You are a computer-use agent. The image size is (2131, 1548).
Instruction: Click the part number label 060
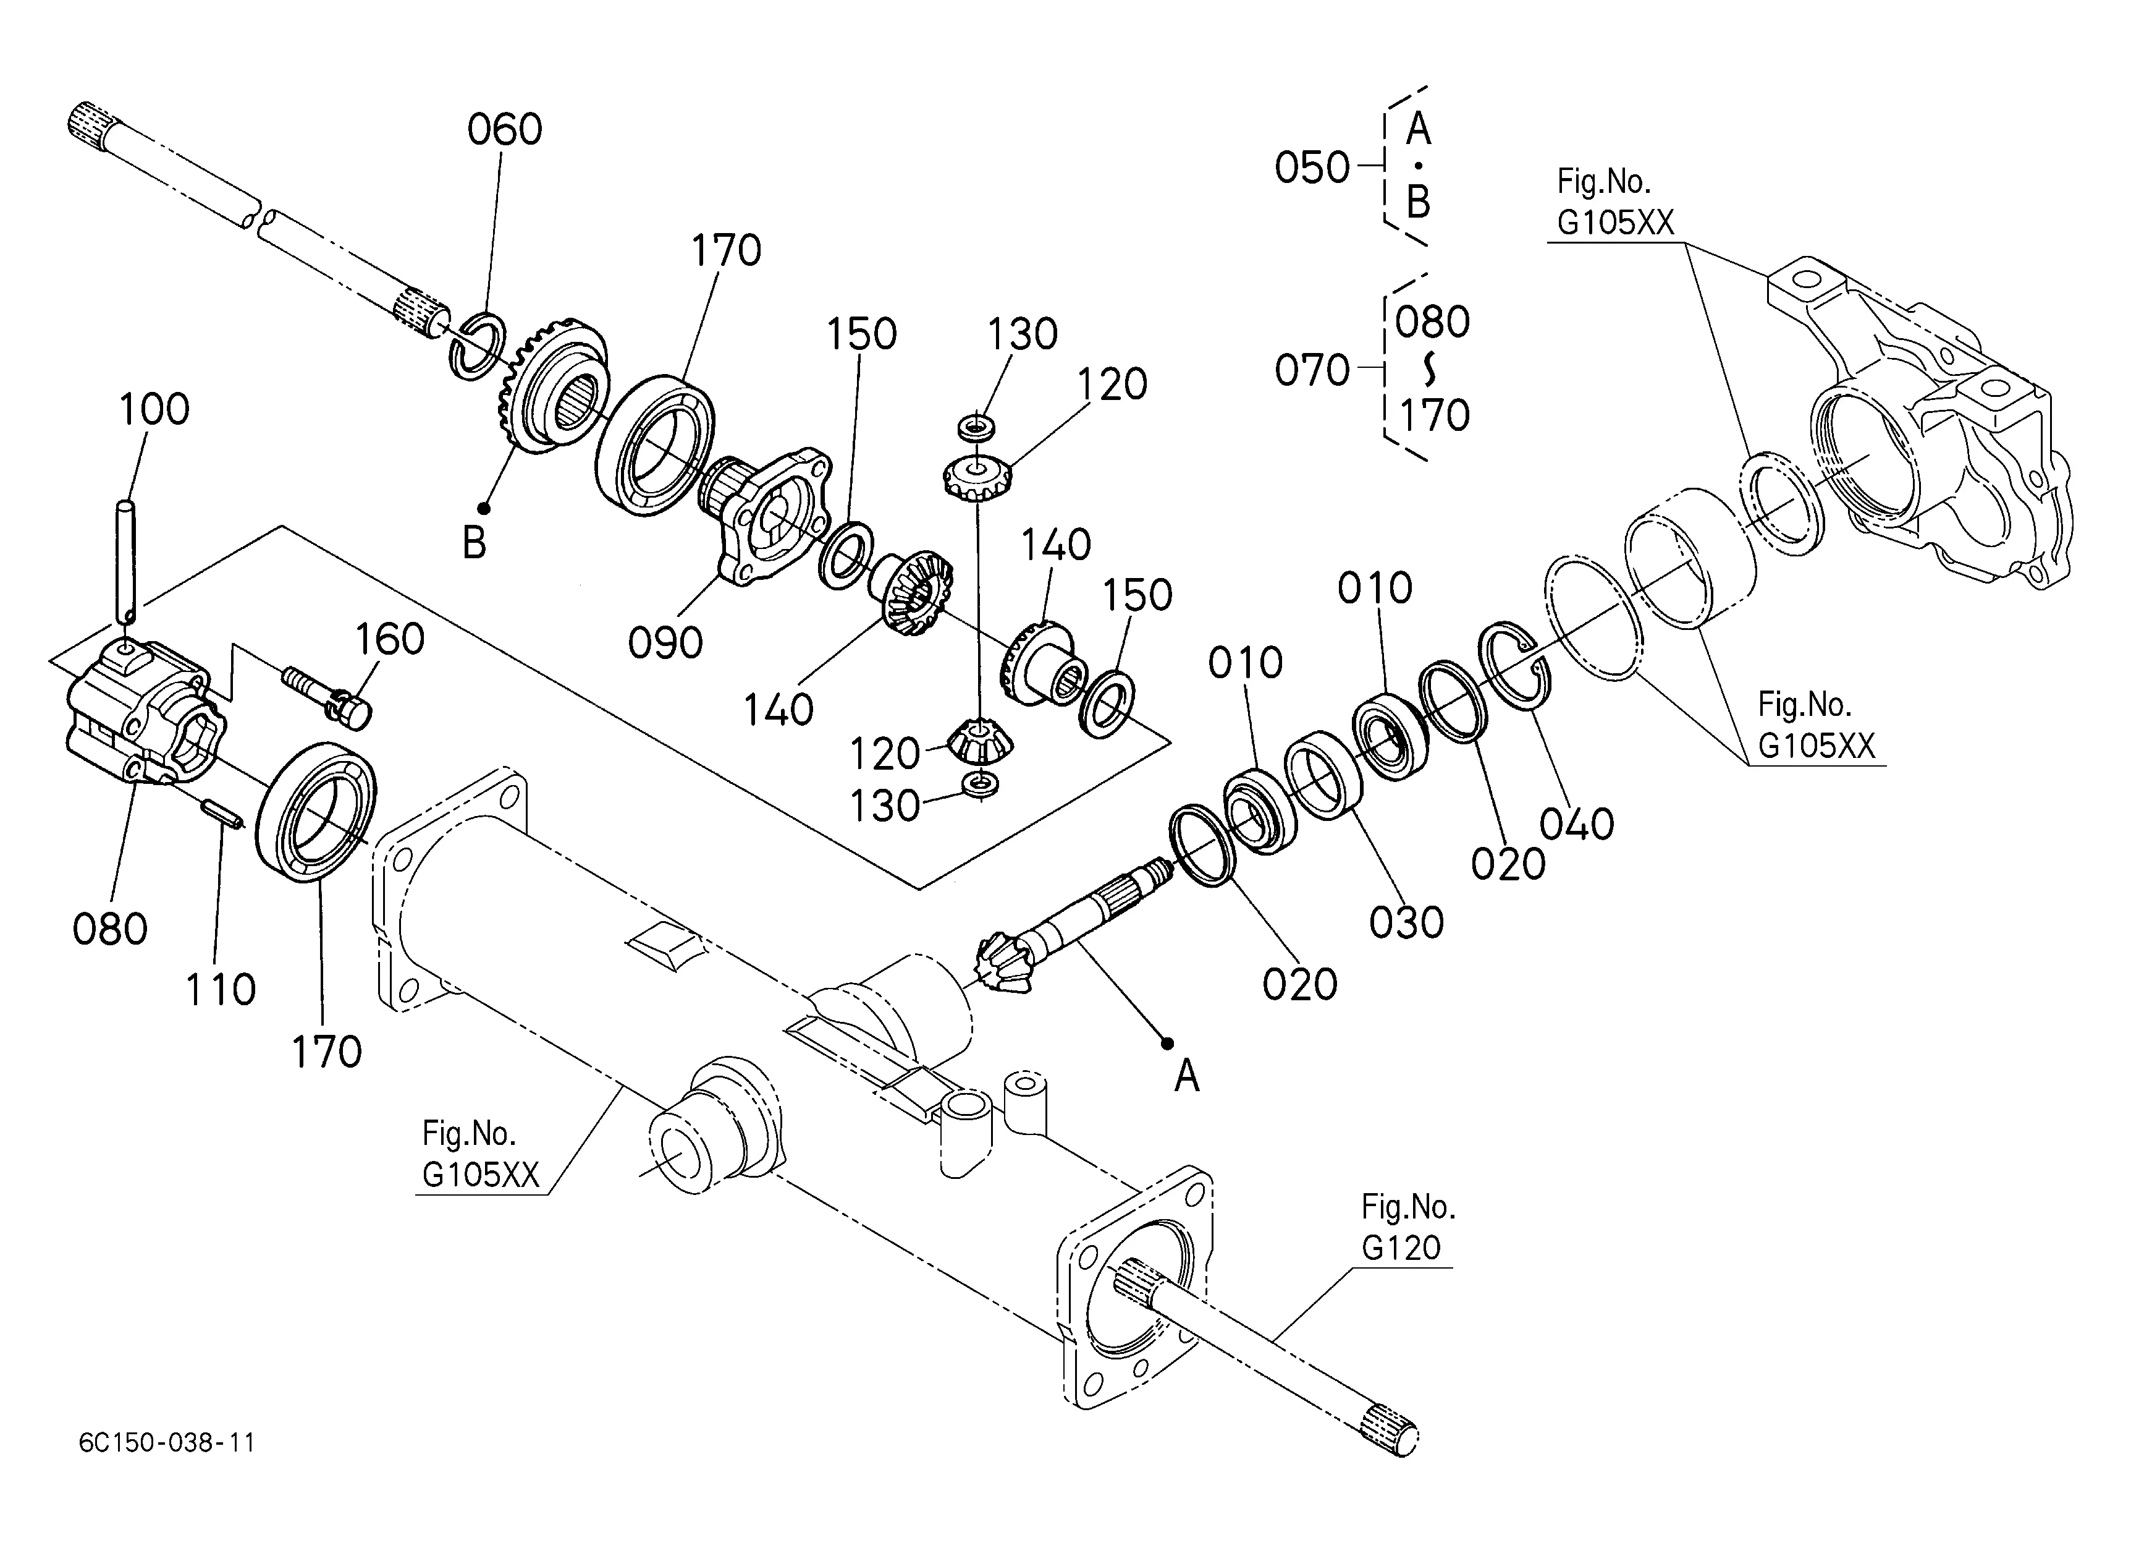[x=505, y=130]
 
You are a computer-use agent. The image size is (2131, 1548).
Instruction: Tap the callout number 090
[x=665, y=643]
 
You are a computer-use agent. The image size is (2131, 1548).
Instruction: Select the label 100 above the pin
[x=154, y=410]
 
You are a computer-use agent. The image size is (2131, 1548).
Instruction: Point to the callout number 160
[x=389, y=639]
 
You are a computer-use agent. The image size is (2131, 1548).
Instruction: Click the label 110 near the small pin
[x=221, y=990]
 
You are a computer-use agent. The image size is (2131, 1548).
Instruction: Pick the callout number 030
[x=1406, y=923]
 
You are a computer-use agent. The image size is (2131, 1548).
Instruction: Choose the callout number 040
[x=1577, y=824]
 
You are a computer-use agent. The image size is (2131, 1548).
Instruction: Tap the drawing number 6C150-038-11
[x=167, y=1443]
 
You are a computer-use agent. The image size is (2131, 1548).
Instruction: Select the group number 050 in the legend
[x=1312, y=168]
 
